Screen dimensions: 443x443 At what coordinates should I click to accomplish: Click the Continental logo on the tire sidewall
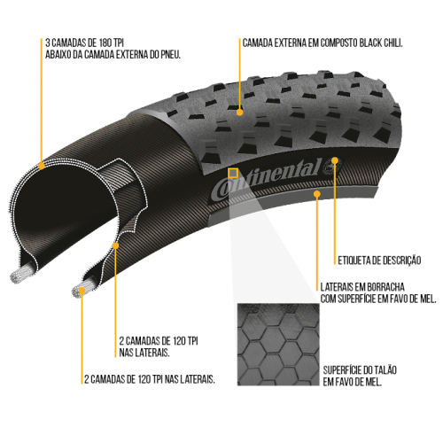tap(266, 179)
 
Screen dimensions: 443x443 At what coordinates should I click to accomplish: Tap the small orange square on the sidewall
tap(233, 174)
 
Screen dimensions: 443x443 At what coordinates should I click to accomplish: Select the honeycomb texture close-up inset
tap(278, 345)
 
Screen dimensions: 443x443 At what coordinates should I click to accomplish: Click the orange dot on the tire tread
tap(240, 113)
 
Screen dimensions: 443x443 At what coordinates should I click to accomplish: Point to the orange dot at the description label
tap(335, 160)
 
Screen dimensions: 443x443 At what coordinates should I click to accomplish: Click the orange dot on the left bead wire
tap(82, 291)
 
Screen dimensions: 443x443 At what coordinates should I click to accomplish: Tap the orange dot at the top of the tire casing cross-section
tap(42, 166)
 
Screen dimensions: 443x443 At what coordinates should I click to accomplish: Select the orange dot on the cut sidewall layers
tap(115, 245)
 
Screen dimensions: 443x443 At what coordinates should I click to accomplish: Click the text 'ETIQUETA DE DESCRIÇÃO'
tap(379, 260)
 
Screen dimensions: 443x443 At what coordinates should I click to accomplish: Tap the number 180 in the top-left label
tap(105, 43)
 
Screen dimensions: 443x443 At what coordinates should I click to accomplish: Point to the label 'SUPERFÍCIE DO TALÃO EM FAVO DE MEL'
tap(360, 376)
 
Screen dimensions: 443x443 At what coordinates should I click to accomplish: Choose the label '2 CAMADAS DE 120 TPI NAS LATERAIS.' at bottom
tap(150, 379)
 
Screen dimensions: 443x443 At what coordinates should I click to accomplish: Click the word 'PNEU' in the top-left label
tap(170, 55)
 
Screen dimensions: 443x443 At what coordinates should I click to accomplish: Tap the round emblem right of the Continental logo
tap(331, 167)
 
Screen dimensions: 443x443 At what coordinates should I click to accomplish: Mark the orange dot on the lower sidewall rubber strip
tap(317, 194)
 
